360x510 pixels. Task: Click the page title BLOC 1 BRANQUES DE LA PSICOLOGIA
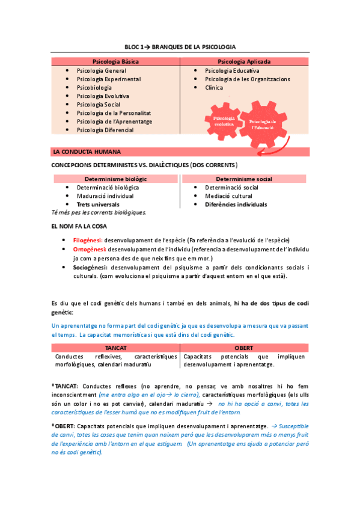point(180,46)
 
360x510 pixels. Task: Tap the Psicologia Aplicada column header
point(244,61)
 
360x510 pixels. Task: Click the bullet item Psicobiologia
point(94,88)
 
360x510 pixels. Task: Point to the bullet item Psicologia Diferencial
point(105,130)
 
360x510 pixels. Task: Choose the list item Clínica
point(214,88)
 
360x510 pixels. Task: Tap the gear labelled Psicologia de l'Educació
point(263,124)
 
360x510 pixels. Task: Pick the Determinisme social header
point(243,179)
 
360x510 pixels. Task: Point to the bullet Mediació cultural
point(228,196)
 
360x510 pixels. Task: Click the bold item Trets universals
point(98,204)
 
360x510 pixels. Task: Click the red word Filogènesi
point(88,239)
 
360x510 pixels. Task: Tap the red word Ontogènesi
point(89,248)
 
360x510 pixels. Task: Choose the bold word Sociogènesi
point(90,267)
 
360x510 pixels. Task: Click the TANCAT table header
point(115,348)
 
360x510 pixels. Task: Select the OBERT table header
point(244,348)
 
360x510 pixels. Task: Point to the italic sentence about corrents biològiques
point(99,212)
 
